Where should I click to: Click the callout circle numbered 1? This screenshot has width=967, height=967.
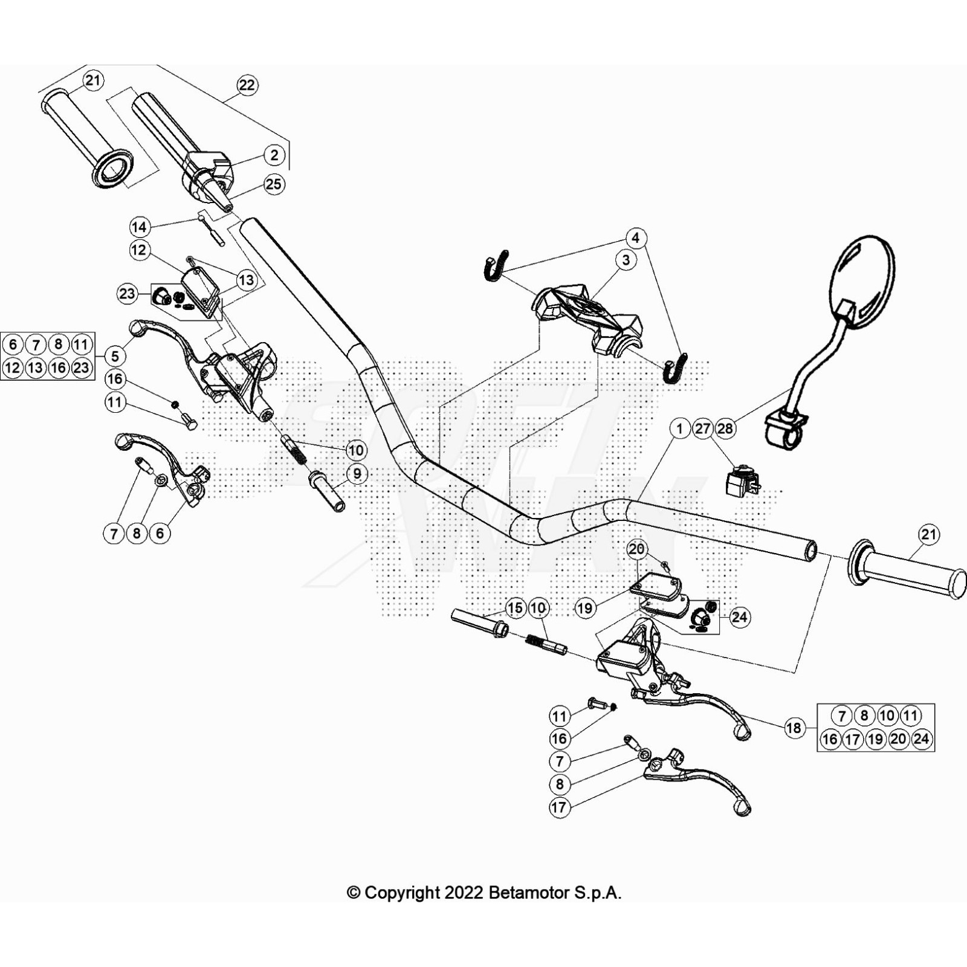click(679, 429)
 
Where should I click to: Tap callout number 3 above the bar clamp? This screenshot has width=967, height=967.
click(626, 260)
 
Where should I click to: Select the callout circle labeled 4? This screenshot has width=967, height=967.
click(635, 238)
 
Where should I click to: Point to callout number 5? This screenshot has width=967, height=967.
click(115, 356)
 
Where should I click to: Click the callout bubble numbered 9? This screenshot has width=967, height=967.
click(357, 474)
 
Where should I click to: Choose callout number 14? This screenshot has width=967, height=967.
click(139, 227)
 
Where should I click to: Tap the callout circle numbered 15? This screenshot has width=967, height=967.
click(515, 608)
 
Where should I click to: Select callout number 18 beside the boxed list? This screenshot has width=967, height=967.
click(794, 728)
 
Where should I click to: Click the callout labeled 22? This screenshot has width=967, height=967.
click(247, 85)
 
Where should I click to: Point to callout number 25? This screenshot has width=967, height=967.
click(274, 184)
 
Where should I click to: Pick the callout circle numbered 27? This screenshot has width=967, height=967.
click(702, 429)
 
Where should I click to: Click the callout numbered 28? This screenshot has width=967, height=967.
click(725, 429)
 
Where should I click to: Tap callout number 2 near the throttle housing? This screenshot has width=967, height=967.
click(274, 155)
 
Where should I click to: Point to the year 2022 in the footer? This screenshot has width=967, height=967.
click(464, 893)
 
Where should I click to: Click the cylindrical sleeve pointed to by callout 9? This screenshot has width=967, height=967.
click(327, 492)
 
